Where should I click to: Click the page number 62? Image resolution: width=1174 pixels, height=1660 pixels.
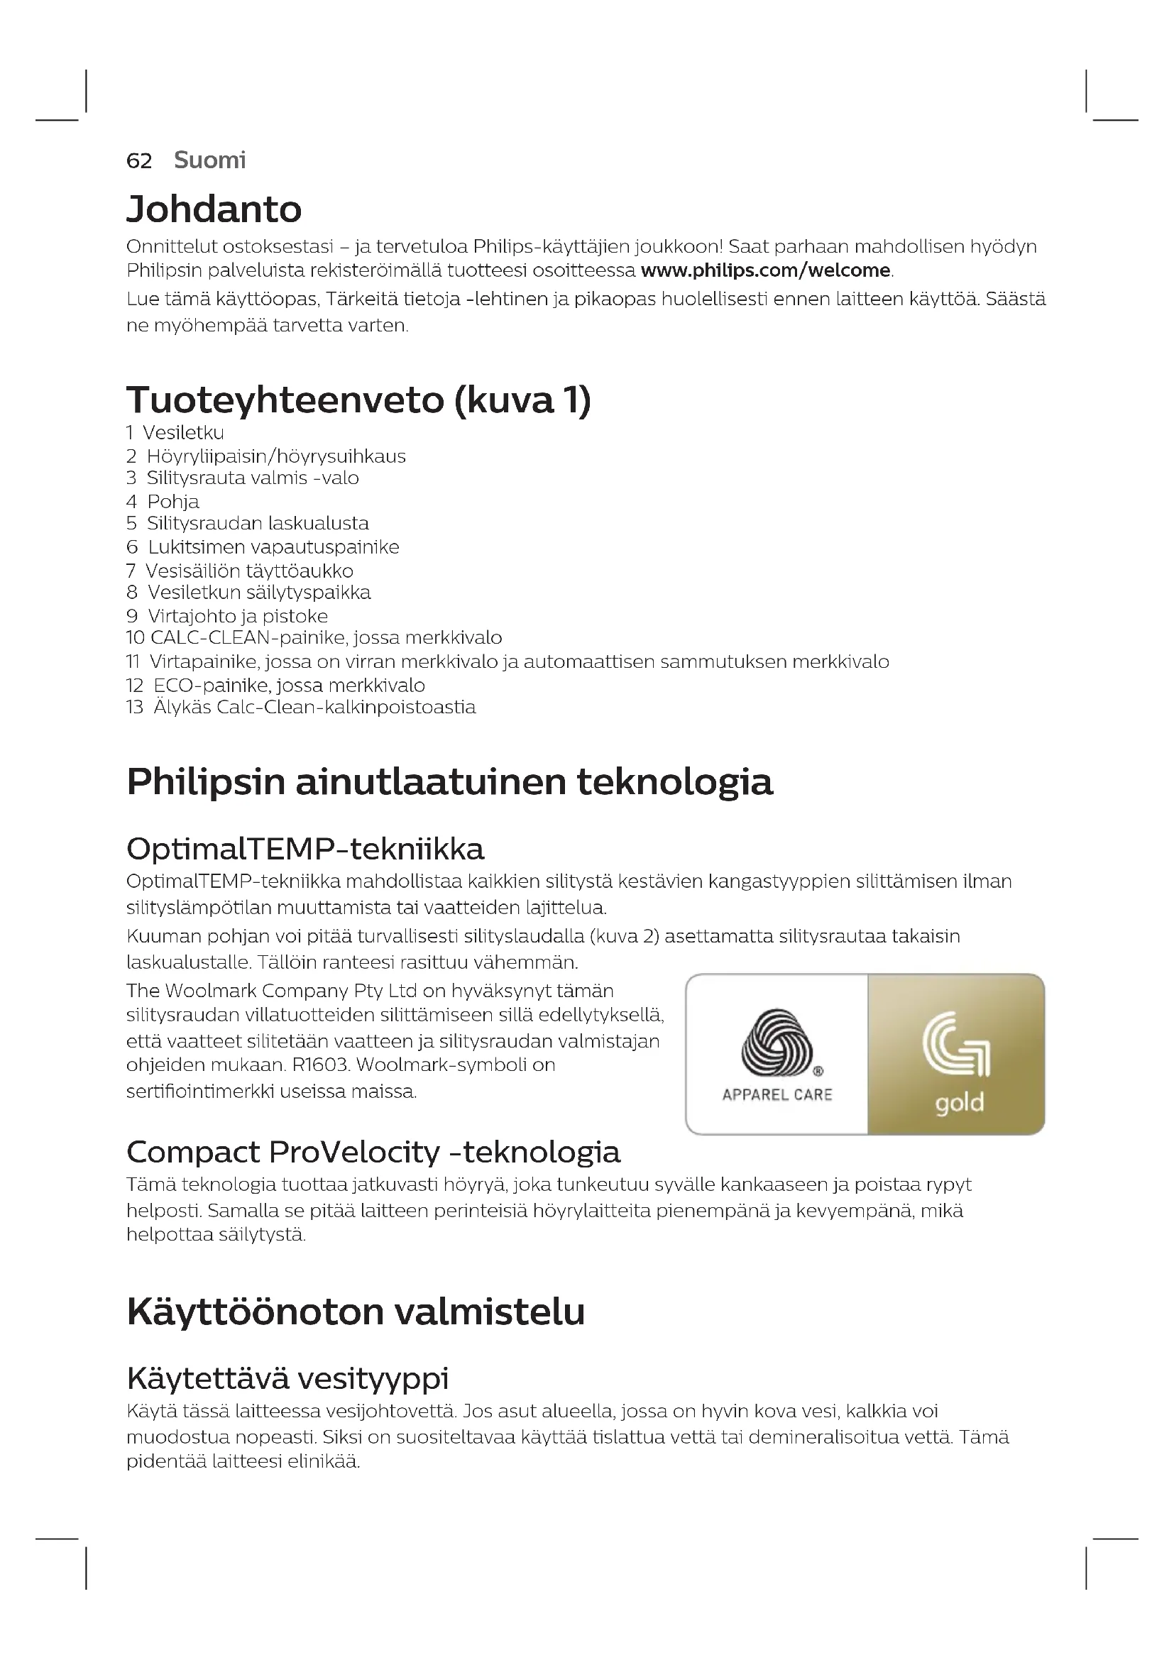(139, 160)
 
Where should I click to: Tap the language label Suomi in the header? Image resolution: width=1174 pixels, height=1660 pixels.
(209, 160)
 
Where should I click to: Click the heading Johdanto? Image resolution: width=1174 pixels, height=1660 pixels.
(214, 209)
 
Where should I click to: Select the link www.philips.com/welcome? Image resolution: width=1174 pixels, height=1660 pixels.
(766, 270)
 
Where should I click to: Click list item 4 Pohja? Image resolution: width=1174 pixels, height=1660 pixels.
(163, 501)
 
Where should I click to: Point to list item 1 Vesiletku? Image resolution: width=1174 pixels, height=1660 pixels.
(175, 432)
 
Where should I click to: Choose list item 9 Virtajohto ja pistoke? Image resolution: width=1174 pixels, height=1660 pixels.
(227, 616)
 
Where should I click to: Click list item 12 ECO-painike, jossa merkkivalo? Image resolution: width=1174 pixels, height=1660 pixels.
(275, 685)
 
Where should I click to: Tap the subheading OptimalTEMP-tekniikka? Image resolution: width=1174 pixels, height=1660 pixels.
(305, 849)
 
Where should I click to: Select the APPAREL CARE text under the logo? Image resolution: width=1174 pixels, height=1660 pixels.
(777, 1094)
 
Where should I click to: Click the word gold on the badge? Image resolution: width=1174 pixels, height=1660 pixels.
(960, 1104)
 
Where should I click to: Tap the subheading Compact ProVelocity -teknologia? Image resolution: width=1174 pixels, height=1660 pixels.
(373, 1153)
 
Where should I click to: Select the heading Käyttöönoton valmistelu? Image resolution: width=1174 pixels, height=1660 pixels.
(356, 1312)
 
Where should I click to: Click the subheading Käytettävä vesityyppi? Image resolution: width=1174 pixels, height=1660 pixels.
(287, 1378)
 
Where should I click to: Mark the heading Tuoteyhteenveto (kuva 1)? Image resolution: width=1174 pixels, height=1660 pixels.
(358, 400)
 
